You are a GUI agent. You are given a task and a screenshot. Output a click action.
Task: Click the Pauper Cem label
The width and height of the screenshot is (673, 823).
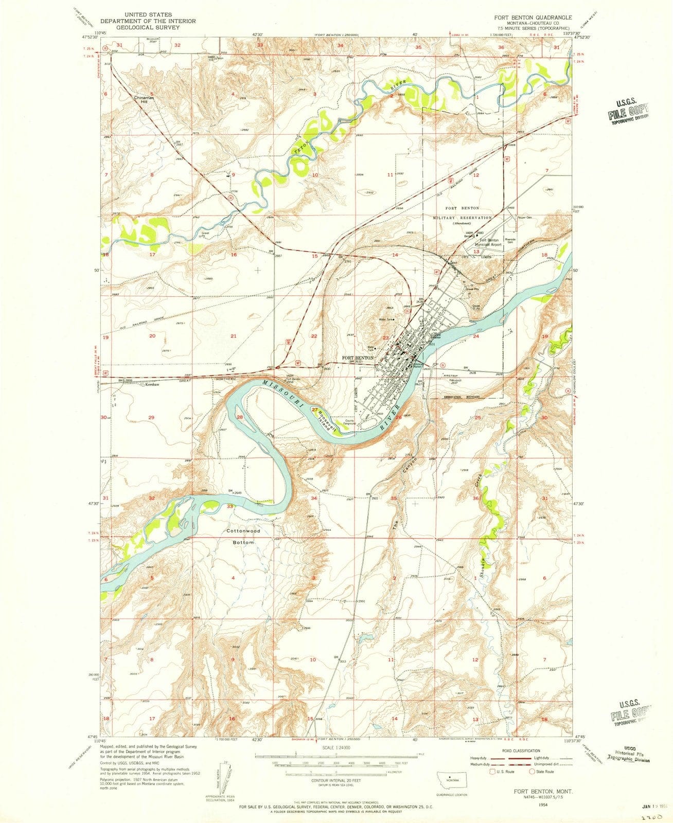pos(524,217)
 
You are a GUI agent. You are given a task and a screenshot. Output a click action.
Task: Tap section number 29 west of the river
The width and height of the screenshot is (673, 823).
pos(151,417)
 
